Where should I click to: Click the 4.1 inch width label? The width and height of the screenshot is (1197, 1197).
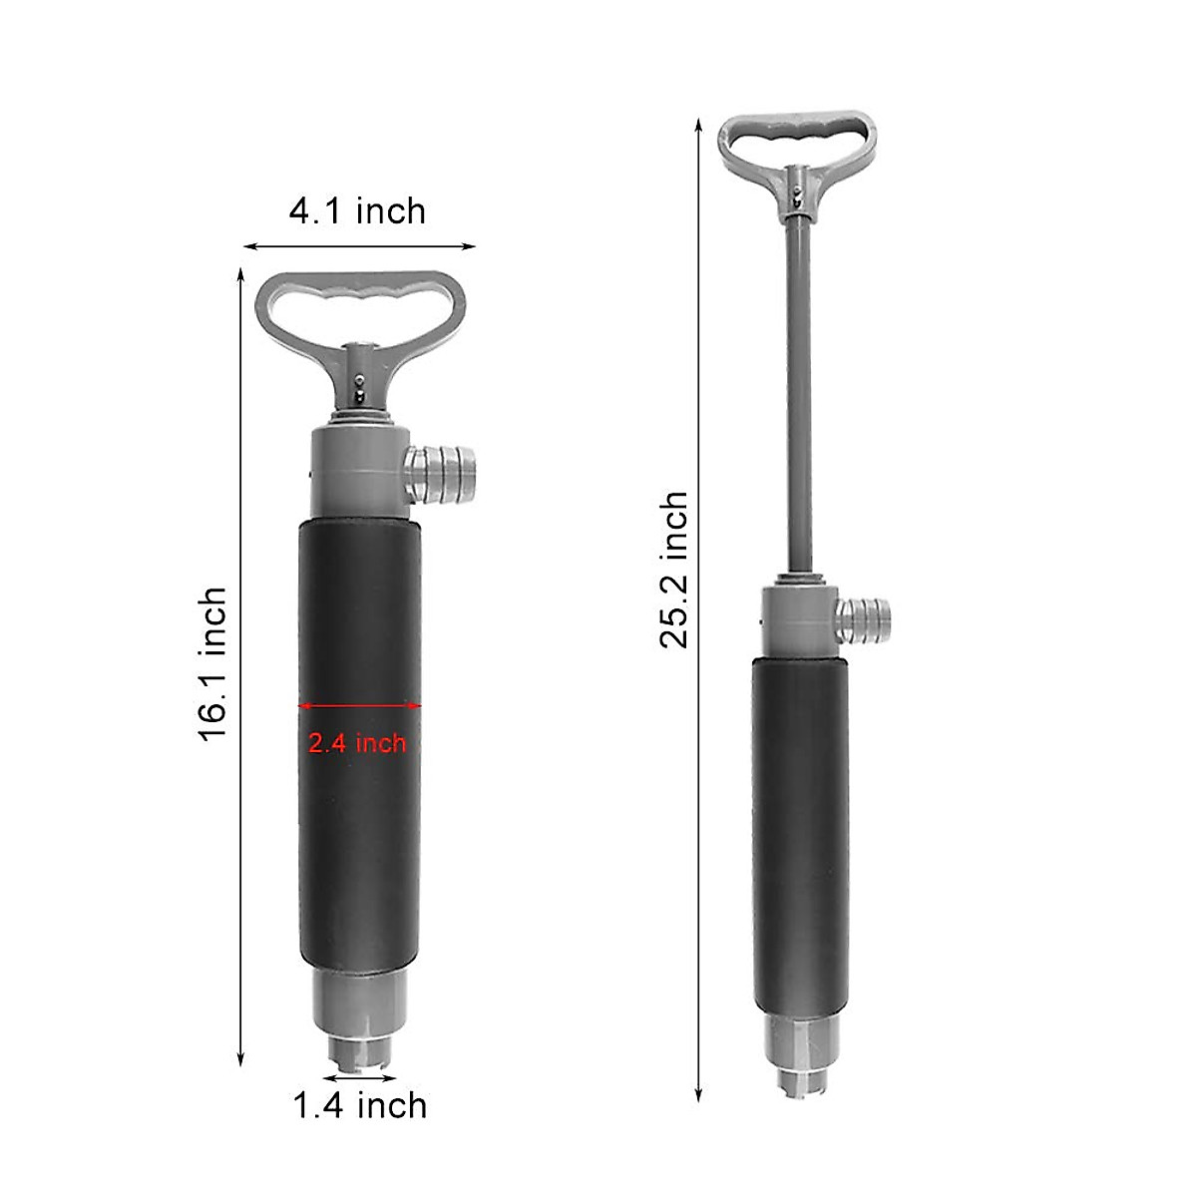[357, 211]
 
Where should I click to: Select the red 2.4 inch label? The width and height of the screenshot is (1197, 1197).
[357, 743]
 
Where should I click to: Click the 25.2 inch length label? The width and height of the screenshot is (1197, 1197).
[673, 570]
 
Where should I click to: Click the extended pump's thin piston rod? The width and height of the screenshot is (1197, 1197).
[796, 399]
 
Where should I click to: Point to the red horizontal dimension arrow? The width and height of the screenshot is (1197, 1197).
[360, 706]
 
